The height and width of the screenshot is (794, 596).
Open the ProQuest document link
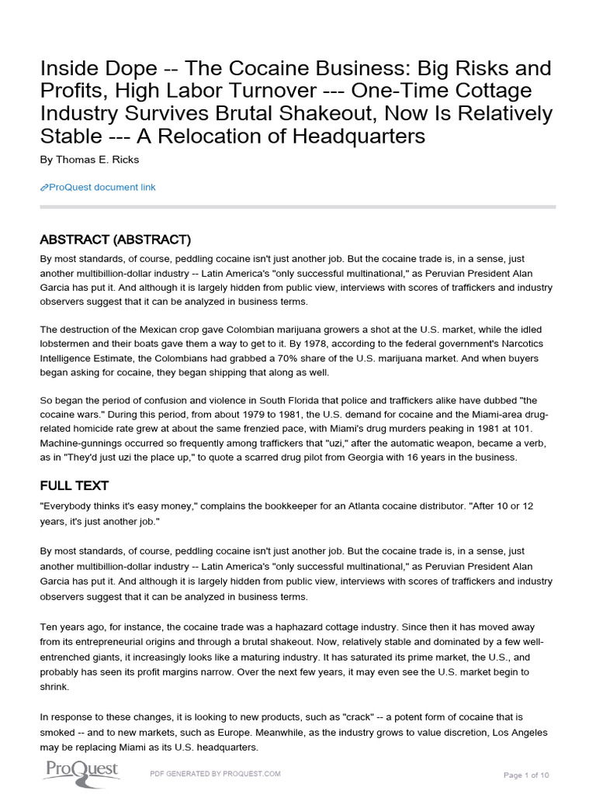102,187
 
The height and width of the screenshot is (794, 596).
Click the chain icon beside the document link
43,188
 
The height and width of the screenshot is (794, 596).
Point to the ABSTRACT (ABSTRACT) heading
115,240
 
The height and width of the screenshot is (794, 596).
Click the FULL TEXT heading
74,486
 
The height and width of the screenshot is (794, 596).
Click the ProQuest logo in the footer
80,771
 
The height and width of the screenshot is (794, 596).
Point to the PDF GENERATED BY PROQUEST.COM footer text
215,774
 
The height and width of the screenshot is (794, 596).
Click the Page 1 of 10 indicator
526,775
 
